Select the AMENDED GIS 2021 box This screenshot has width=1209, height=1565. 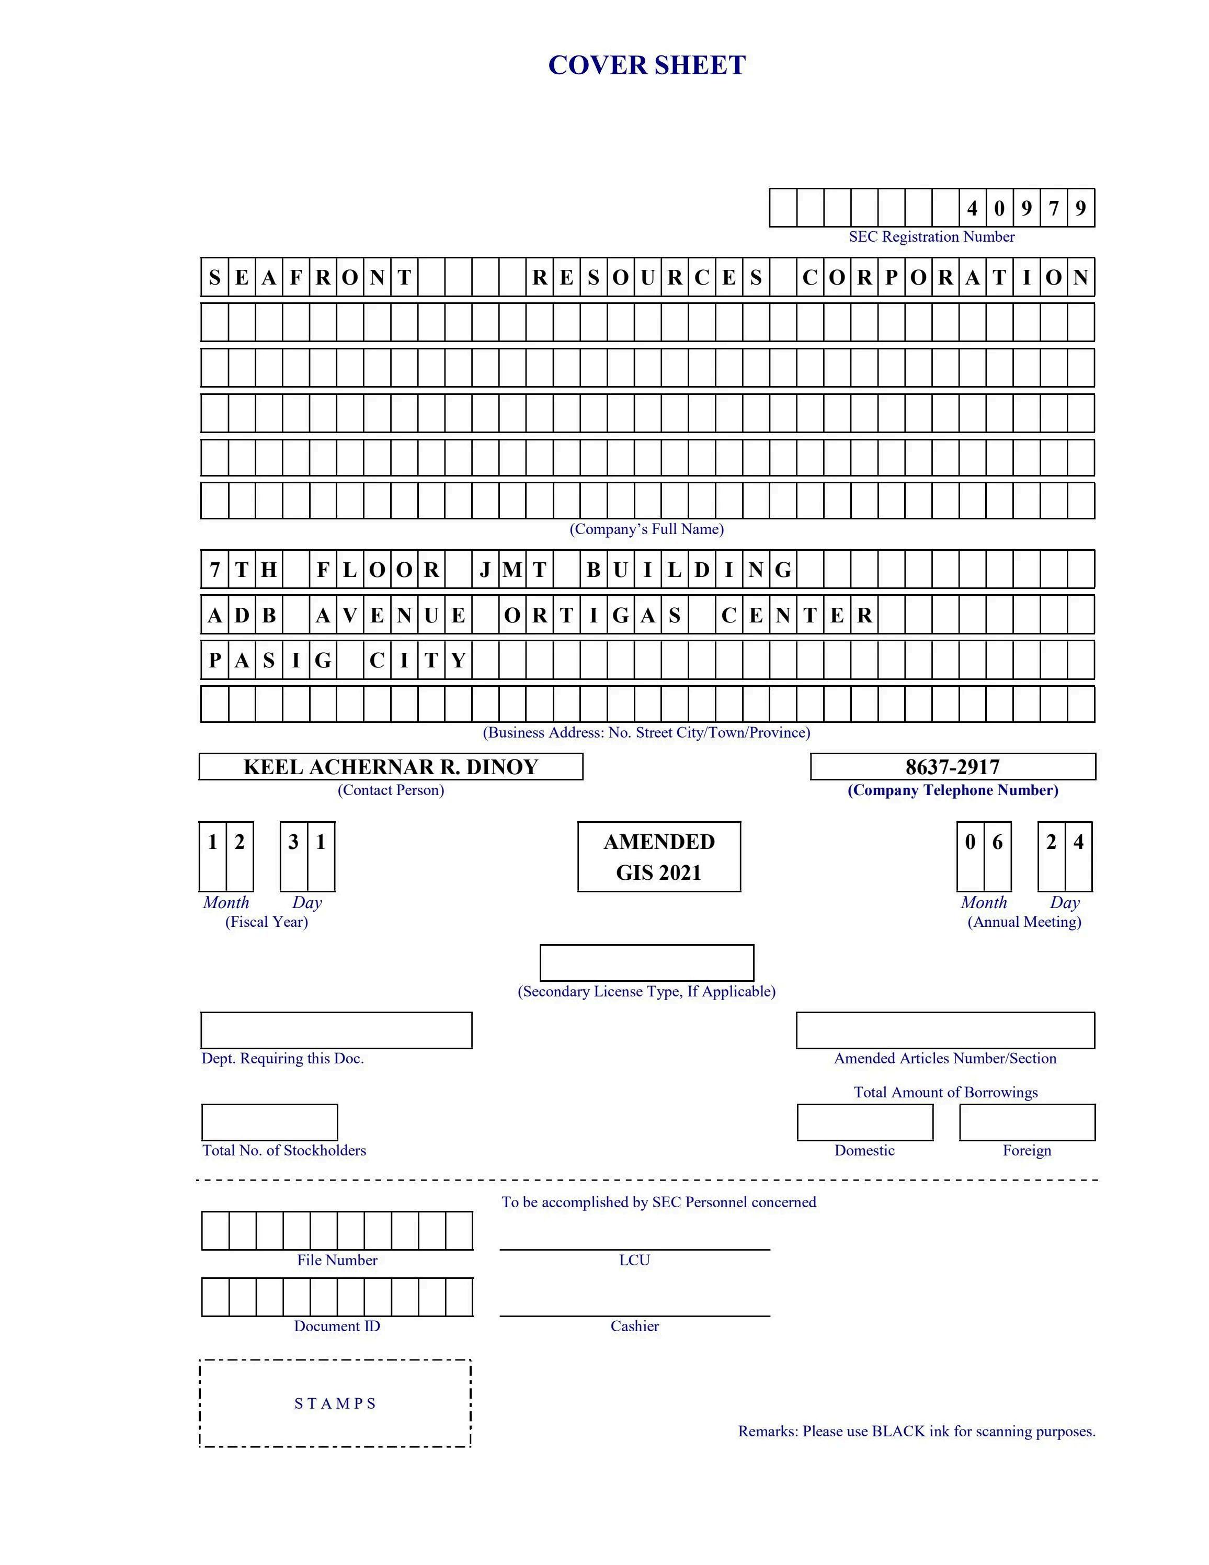pos(659,857)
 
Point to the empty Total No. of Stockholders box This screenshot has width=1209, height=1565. pos(269,1122)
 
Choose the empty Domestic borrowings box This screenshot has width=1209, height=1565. pos(864,1122)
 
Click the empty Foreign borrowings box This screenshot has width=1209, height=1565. pos(1026,1122)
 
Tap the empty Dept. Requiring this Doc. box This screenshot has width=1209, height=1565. pos(336,1030)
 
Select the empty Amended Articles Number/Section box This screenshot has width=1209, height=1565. pos(945,1030)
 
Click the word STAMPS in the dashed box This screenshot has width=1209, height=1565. pos(335,1403)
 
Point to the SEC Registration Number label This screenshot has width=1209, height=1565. pos(931,236)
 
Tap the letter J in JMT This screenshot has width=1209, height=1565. pos(485,570)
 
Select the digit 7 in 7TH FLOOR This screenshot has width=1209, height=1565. pos(214,570)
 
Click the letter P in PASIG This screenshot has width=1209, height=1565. pos(214,660)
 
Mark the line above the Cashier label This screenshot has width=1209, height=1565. pos(635,1315)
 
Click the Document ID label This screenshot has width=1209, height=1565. pos(337,1326)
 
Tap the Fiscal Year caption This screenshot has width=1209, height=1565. pos(267,922)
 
